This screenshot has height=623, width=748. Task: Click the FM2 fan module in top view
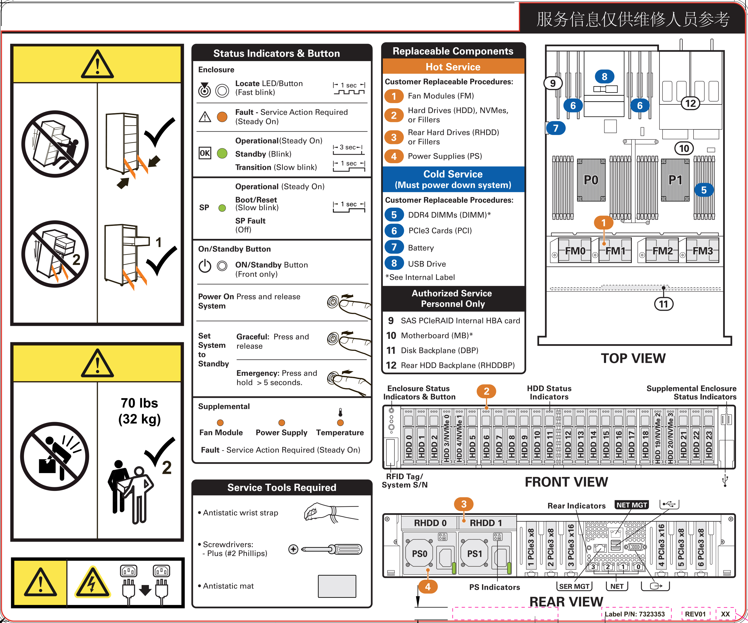coord(662,251)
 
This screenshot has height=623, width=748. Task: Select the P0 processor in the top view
coord(591,180)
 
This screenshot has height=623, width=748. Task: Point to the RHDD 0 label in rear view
coord(430,523)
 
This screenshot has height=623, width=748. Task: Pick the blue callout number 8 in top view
coord(604,77)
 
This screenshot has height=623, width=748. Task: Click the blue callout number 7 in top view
coord(556,128)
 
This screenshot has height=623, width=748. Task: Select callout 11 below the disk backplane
coord(663,304)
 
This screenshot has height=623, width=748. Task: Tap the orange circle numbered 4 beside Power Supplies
coord(394,156)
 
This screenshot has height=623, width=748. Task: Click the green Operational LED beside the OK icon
coord(222,154)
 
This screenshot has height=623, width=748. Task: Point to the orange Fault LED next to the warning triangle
coord(222,117)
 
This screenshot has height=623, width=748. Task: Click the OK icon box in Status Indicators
coord(204,153)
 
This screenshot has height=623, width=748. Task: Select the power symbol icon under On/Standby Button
coord(205,266)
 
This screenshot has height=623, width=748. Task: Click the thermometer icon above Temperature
coord(340,412)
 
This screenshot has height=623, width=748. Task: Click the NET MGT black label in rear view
coord(632,505)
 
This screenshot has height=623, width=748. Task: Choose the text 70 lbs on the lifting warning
coord(139,403)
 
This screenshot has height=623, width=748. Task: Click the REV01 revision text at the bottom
coord(695,614)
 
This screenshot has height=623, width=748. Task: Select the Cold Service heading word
coord(453,174)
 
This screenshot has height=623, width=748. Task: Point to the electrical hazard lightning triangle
coord(92,583)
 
